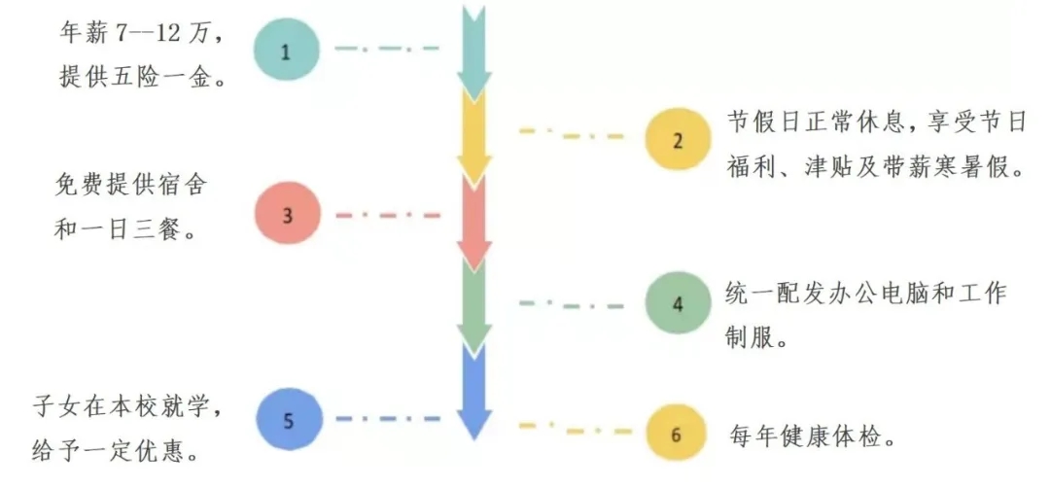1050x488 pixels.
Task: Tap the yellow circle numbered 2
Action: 678,138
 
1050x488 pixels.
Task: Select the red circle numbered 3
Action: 286,214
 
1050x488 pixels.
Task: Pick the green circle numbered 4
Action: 678,303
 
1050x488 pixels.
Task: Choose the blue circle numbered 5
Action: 286,421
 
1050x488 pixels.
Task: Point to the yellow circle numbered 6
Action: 677,435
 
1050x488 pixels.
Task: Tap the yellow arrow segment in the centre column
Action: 473,136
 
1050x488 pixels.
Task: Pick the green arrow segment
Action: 473,306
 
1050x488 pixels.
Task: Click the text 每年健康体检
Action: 812,435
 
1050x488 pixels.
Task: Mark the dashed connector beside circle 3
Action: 387,215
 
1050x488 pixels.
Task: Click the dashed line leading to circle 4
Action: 571,304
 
